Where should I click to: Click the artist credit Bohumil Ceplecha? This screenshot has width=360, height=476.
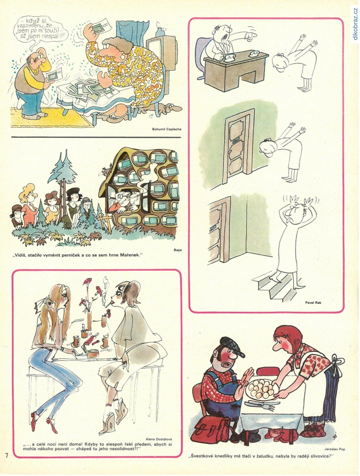[x=167, y=129]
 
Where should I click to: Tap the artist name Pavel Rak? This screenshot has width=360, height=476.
[x=313, y=302]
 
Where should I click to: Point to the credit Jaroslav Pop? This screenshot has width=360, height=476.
[x=334, y=449]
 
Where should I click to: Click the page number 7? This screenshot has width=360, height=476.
[x=6, y=455]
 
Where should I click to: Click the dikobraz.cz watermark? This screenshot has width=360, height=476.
[x=355, y=24]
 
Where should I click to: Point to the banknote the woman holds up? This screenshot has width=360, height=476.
[x=100, y=29]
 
